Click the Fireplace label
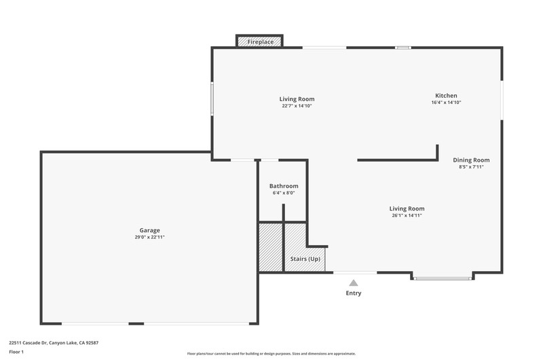(261, 42)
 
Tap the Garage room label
(149, 230)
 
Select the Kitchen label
(446, 96)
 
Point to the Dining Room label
(471, 160)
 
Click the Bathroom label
(284, 186)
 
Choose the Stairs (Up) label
(305, 259)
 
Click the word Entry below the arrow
(353, 293)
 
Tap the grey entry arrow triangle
(353, 283)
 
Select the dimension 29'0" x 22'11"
(149, 237)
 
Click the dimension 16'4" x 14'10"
(446, 103)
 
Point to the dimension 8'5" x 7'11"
(471, 167)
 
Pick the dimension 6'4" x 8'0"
(284, 193)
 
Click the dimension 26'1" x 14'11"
(407, 215)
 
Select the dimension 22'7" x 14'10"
(297, 106)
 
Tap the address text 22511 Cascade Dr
(28, 343)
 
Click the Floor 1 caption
(16, 352)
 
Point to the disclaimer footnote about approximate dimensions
(271, 354)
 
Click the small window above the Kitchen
(403, 48)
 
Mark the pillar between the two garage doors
(136, 323)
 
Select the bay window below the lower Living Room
(443, 278)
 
